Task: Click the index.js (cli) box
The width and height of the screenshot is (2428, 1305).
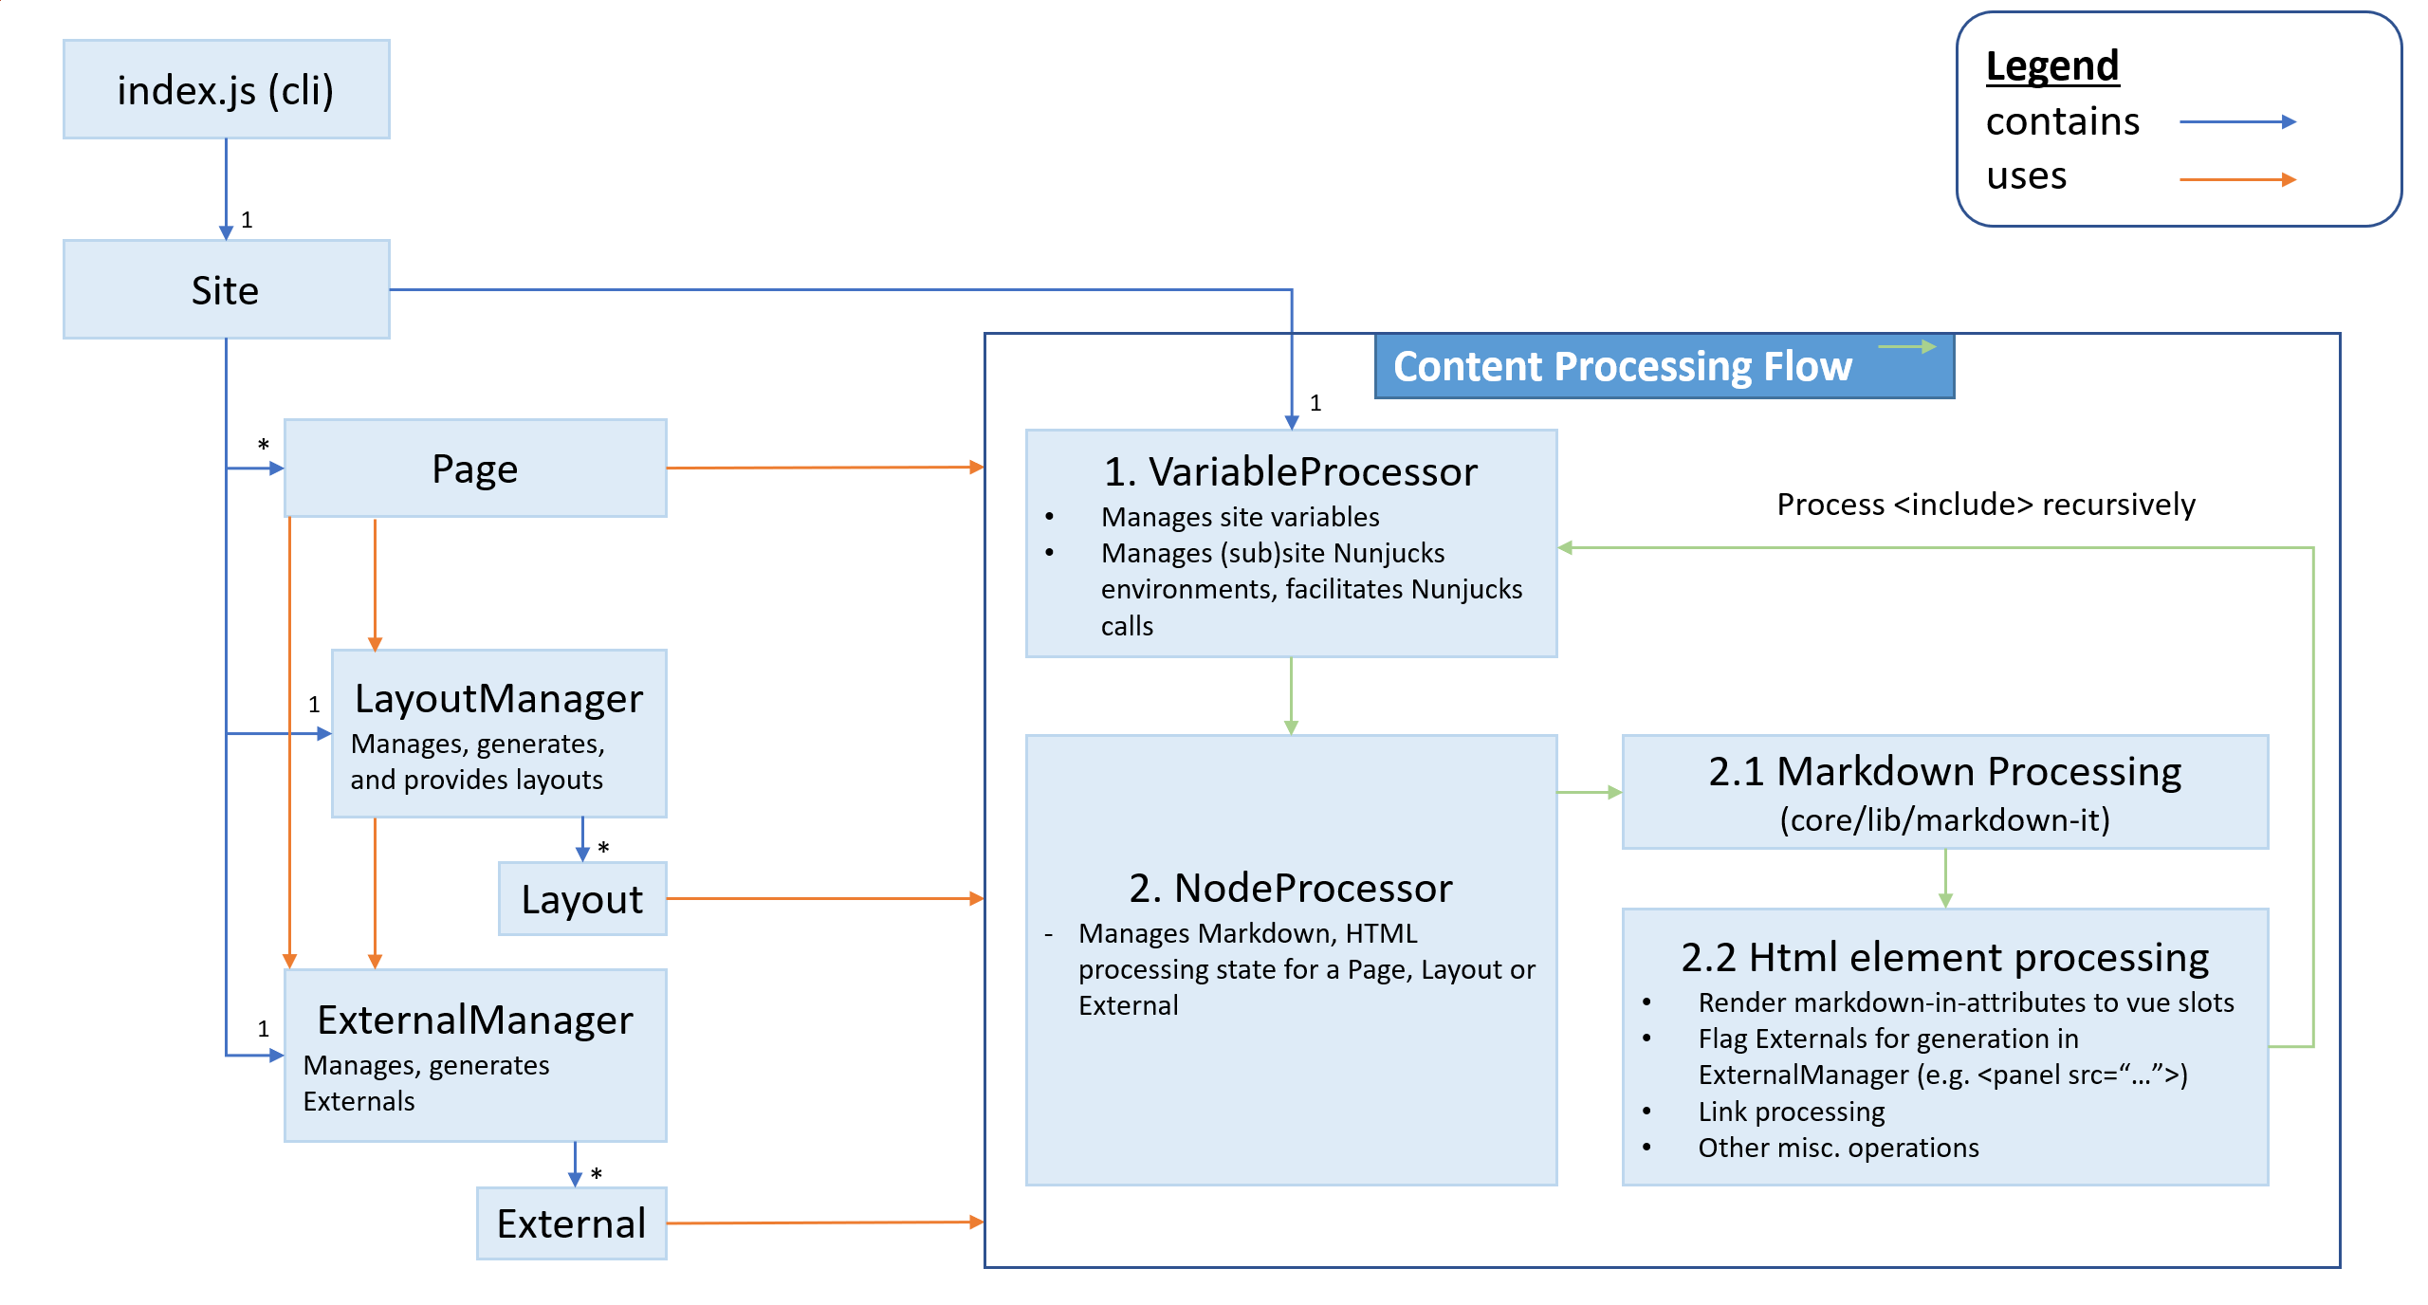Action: [226, 90]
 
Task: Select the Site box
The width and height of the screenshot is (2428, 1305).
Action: [226, 290]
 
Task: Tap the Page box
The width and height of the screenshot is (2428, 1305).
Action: [475, 469]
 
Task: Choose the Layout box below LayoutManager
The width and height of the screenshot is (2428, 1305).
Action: [582, 899]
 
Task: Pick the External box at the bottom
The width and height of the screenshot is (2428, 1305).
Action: [571, 1223]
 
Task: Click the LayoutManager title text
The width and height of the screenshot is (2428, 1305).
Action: [499, 699]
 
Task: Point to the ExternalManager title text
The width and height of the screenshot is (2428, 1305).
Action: [475, 1020]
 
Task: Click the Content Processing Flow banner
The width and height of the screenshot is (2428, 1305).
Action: [1622, 367]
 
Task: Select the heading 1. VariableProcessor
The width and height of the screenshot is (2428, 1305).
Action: [1291, 472]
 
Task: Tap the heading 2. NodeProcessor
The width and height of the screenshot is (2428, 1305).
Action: [1291, 889]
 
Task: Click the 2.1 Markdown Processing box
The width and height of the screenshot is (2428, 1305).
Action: [1944, 792]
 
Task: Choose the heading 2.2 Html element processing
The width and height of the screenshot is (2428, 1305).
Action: [1944, 958]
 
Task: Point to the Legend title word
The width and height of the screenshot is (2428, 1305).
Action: [2052, 66]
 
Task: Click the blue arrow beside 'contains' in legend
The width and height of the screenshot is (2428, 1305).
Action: [2237, 122]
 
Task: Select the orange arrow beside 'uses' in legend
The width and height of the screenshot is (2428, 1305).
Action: [2237, 179]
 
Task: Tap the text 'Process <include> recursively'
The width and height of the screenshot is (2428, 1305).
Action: [1986, 505]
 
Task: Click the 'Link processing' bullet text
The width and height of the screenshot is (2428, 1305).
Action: [1791, 1112]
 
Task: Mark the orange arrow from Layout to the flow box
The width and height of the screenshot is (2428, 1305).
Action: [825, 898]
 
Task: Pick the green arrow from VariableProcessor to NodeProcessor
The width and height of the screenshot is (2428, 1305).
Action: [1291, 695]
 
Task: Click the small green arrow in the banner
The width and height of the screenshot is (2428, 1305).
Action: [1906, 347]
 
